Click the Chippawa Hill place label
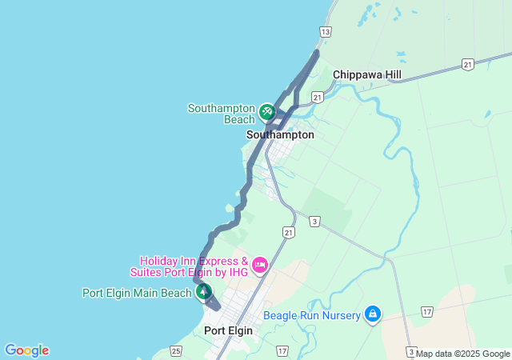pos(367,74)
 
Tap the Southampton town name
pos(280,135)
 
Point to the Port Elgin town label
pos(228,330)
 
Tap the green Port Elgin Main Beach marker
pos(204,293)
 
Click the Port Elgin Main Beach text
pos(137,293)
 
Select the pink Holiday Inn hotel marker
pos(259,265)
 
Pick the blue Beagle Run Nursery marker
pos(371,315)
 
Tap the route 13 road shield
pos(325,32)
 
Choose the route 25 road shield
pos(176,350)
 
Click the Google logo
pos(26,350)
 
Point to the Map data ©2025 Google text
pos(463,354)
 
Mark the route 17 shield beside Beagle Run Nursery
pos(427,311)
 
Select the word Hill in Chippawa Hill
pos(391,74)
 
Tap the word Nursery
pos(340,315)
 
